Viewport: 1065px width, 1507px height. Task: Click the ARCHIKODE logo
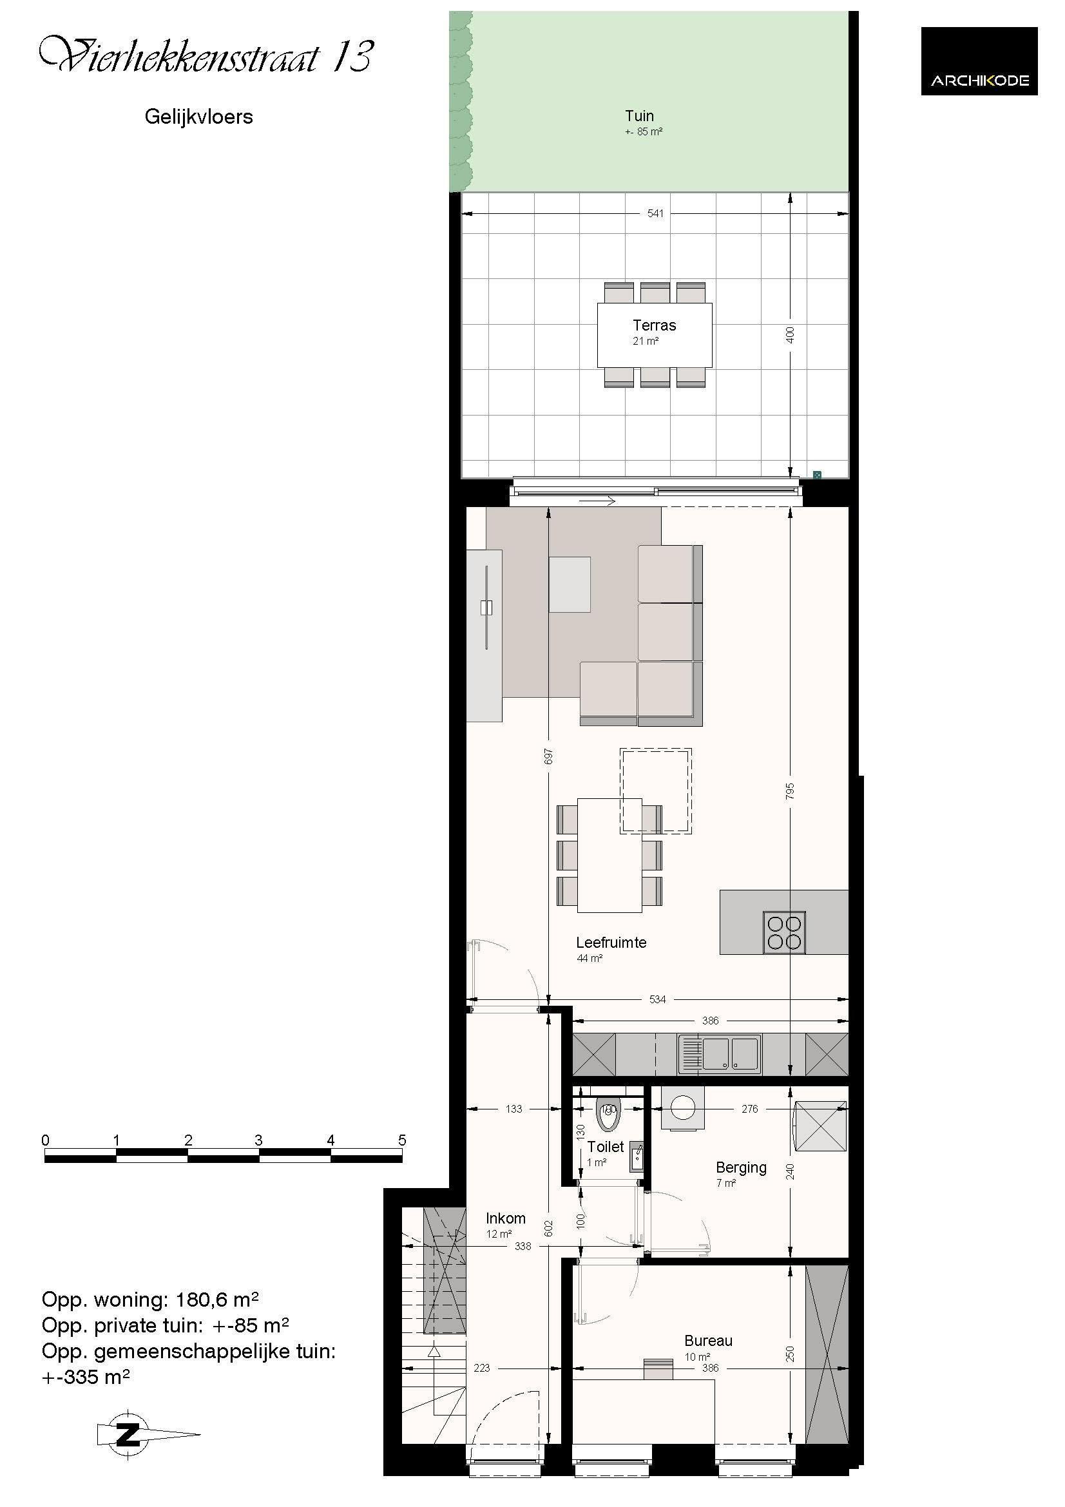coord(979,61)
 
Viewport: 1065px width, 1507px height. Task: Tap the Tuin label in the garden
coord(639,116)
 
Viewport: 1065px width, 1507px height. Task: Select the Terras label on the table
coord(654,325)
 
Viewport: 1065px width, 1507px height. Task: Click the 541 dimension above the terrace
coord(655,213)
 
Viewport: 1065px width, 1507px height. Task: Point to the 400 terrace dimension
coord(790,335)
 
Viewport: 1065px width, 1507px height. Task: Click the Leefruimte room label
coord(611,942)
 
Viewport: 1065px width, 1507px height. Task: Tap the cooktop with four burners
coord(784,933)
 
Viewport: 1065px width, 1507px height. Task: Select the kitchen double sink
coord(720,1054)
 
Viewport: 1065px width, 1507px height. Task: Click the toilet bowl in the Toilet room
coord(608,1115)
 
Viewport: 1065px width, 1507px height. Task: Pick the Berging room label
coord(741,1167)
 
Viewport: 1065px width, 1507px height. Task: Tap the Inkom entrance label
coord(505,1218)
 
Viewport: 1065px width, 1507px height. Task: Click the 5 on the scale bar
coord(402,1140)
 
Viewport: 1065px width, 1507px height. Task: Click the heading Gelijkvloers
coord(199,117)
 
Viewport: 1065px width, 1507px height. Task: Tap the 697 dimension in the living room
coord(548,756)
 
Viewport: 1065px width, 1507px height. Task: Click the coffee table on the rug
coord(570,584)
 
